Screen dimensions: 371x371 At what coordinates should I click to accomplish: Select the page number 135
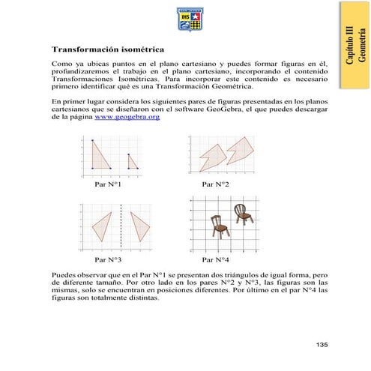(322, 344)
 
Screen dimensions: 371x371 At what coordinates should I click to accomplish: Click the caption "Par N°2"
(216, 184)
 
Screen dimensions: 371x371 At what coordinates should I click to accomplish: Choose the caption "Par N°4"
(216, 259)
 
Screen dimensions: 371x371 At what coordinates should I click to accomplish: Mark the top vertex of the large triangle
(91, 141)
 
